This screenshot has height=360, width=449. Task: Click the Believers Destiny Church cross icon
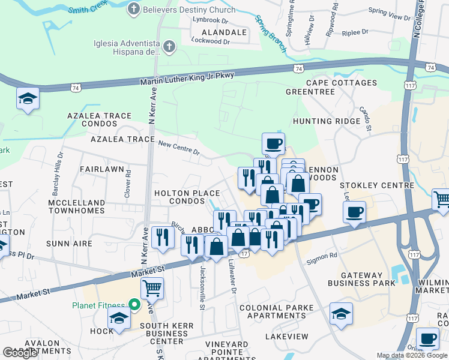click(134, 9)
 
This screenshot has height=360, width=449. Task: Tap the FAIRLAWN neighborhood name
click(102, 170)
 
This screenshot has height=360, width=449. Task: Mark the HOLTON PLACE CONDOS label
click(186, 197)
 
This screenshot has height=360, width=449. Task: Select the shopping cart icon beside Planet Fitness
click(152, 289)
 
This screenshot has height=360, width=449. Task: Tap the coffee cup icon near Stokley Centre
click(354, 211)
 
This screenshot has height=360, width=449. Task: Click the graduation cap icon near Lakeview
click(341, 313)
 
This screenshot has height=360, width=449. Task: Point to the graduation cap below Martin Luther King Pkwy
click(28, 98)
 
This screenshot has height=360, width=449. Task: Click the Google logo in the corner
click(20, 353)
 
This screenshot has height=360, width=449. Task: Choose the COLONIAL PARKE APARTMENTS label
click(276, 312)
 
